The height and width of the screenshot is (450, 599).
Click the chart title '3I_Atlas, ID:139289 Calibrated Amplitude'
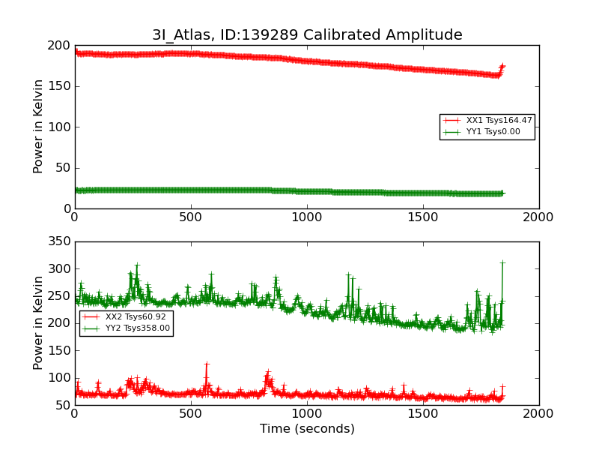(x=307, y=35)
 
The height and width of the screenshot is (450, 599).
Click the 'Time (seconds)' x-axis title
(x=307, y=429)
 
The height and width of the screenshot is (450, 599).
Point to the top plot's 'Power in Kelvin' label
(x=38, y=127)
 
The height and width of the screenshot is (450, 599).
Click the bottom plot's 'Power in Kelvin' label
(x=38, y=323)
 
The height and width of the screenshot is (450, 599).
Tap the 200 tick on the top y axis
(x=58, y=46)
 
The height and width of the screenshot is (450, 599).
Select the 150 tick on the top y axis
(x=58, y=86)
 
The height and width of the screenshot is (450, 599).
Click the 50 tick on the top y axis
(x=62, y=168)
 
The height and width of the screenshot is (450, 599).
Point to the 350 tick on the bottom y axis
(x=58, y=242)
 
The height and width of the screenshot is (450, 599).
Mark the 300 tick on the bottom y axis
(x=58, y=269)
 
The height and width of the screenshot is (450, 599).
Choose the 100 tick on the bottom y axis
(x=58, y=378)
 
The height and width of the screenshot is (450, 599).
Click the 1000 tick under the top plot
(x=307, y=217)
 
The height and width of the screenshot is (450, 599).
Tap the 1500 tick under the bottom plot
(x=423, y=413)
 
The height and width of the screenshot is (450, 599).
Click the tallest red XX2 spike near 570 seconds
(x=207, y=364)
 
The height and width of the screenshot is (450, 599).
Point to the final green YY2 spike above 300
(x=502, y=262)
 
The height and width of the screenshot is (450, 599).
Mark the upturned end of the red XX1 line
(x=502, y=66)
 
